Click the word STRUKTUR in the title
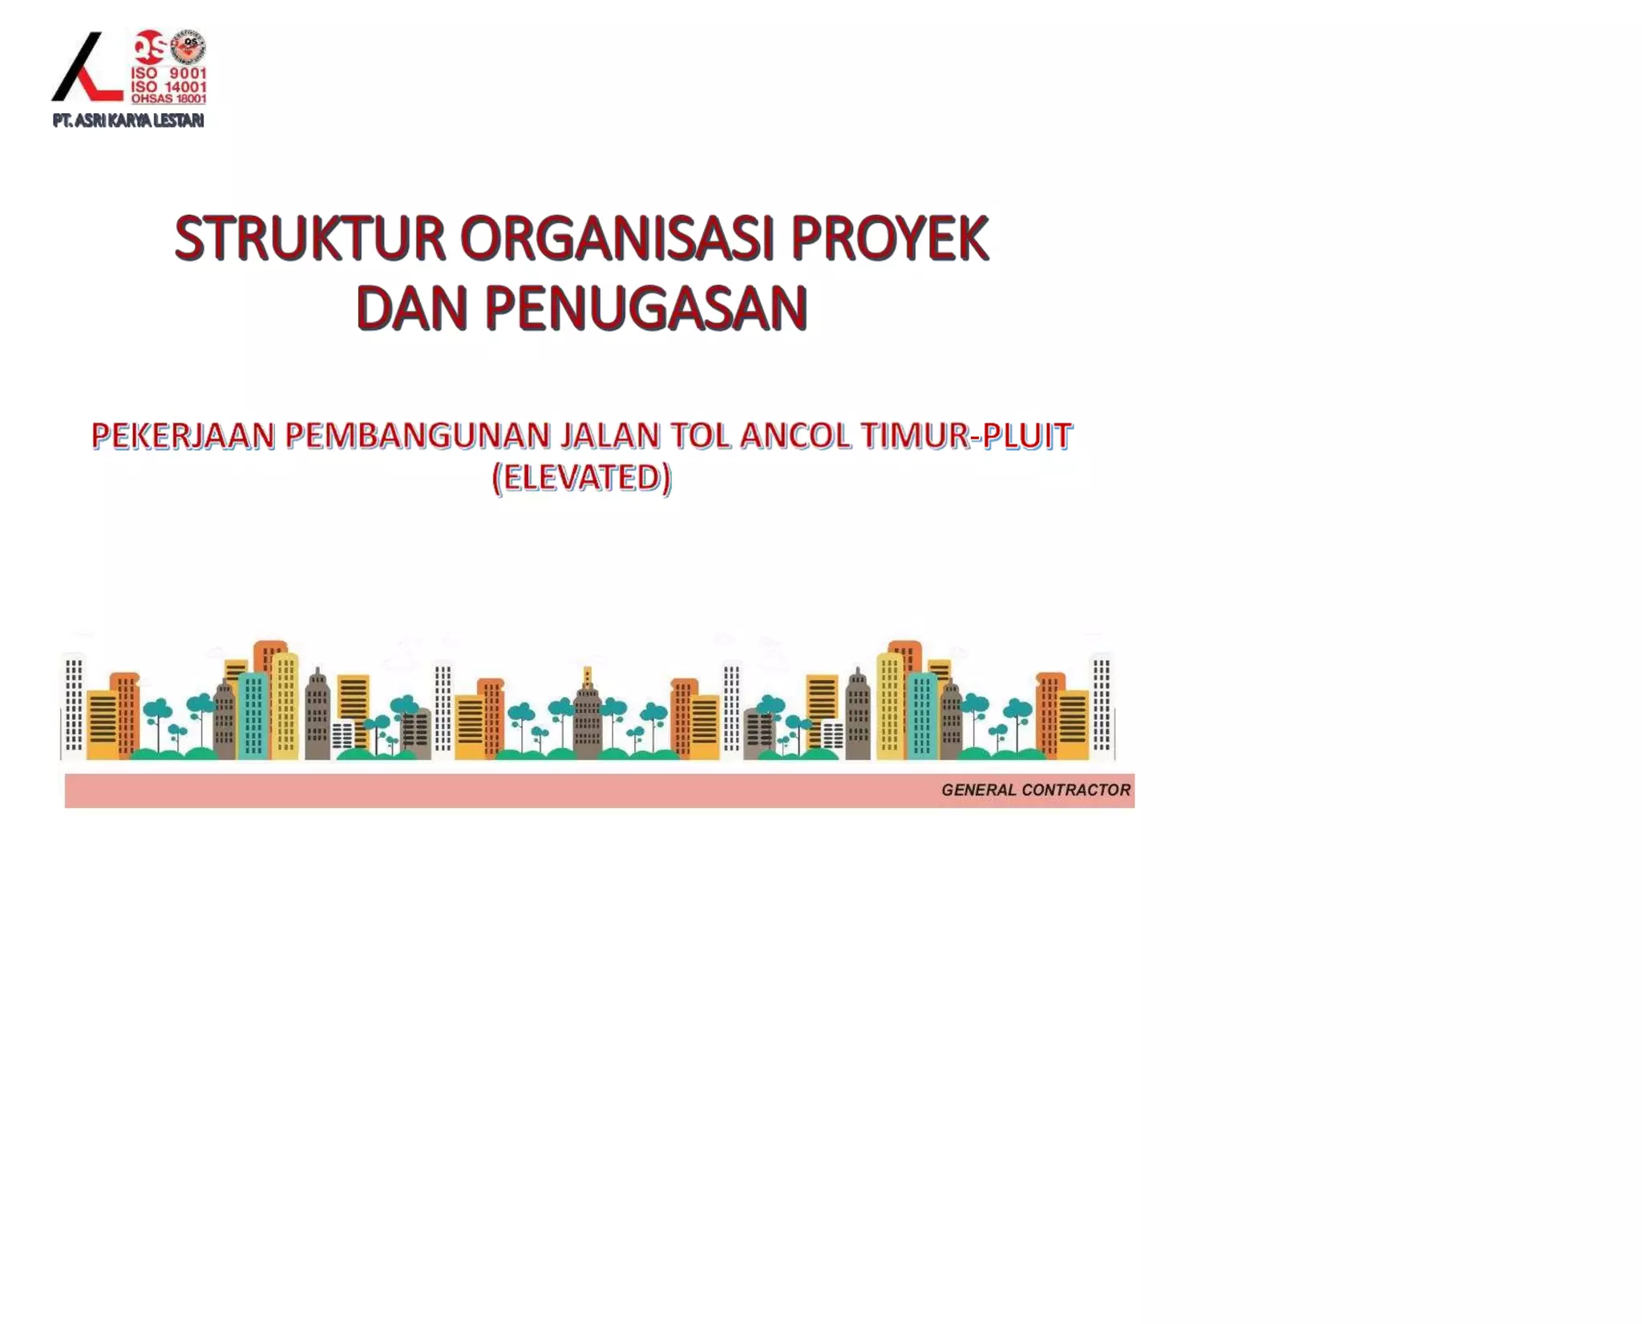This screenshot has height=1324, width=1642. [x=309, y=239]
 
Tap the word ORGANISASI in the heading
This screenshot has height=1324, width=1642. [x=616, y=239]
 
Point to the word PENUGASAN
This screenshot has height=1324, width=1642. [x=645, y=308]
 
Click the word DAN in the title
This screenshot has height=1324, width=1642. [x=411, y=308]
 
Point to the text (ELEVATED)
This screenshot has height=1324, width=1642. [x=582, y=478]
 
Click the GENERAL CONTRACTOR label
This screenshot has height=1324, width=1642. [x=1035, y=790]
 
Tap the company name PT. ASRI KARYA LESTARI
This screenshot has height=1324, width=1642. [x=128, y=121]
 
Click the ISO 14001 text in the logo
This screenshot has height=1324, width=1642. [x=168, y=87]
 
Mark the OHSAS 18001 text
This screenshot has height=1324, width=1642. [x=168, y=99]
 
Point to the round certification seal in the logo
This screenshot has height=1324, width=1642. [x=189, y=46]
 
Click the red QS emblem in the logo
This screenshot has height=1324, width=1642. [x=150, y=47]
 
